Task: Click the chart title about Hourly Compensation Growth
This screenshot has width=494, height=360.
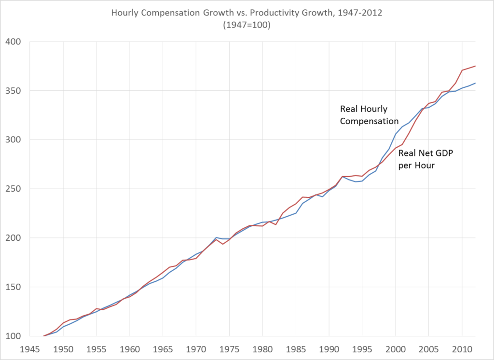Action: coord(247,13)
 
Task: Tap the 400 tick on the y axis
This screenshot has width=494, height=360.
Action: coord(14,42)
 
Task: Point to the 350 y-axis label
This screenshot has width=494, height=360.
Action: coord(14,91)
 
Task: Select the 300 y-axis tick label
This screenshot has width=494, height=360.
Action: coord(14,140)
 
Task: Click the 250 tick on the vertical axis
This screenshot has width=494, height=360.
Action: coord(14,189)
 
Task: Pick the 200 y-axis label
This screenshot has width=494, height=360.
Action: coord(14,238)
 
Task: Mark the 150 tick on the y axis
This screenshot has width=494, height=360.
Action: coord(14,287)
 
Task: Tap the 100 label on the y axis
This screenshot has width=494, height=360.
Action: coord(14,336)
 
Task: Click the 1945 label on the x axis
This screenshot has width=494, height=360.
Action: coord(29,347)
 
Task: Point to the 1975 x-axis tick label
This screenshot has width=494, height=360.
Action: coord(229,347)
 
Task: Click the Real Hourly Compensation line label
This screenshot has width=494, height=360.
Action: coord(369,115)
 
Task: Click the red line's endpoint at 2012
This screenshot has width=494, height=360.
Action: coord(475,66)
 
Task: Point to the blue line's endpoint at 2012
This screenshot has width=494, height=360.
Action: coord(475,83)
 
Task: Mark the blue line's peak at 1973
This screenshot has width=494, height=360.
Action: coord(216,237)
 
